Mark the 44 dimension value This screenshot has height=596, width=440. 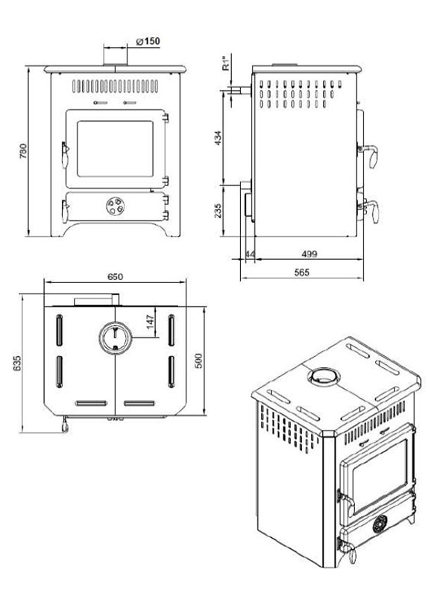(x=249, y=255)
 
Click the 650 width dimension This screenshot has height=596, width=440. (x=115, y=276)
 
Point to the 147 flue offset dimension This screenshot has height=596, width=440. (x=150, y=321)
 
